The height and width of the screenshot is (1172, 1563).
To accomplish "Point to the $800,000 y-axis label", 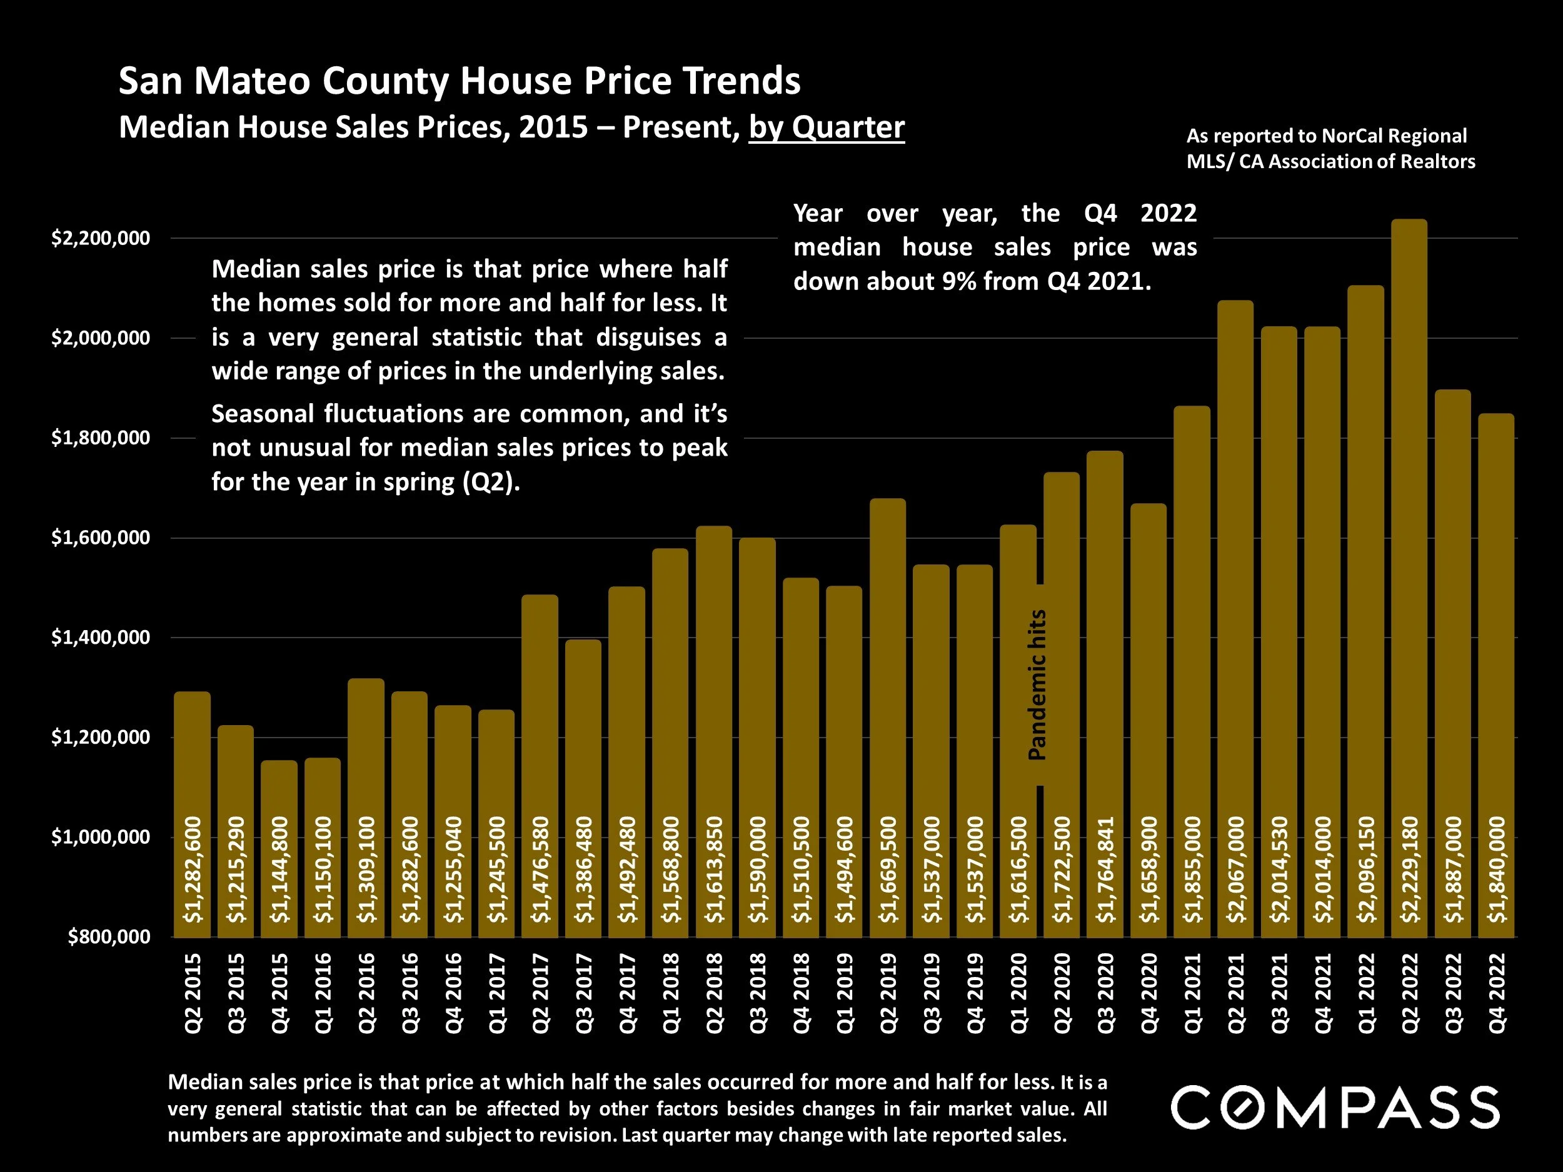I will (x=109, y=937).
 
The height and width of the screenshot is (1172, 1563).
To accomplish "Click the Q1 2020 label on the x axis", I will (x=1019, y=993).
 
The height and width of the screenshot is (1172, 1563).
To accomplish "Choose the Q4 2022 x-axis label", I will (x=1497, y=993).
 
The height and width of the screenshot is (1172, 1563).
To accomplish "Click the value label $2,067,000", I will (x=1236, y=869).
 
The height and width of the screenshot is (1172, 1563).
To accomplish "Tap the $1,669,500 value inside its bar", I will (x=888, y=869).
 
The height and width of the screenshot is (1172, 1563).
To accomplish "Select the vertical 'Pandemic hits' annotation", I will (x=1037, y=684).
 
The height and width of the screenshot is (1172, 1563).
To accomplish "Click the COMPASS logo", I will (x=1335, y=1107).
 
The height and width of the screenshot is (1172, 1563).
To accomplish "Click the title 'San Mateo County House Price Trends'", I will (x=460, y=81).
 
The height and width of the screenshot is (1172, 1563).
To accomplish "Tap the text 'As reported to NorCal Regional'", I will (x=1326, y=136).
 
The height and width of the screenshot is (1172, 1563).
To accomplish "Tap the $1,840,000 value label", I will (x=1497, y=869).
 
